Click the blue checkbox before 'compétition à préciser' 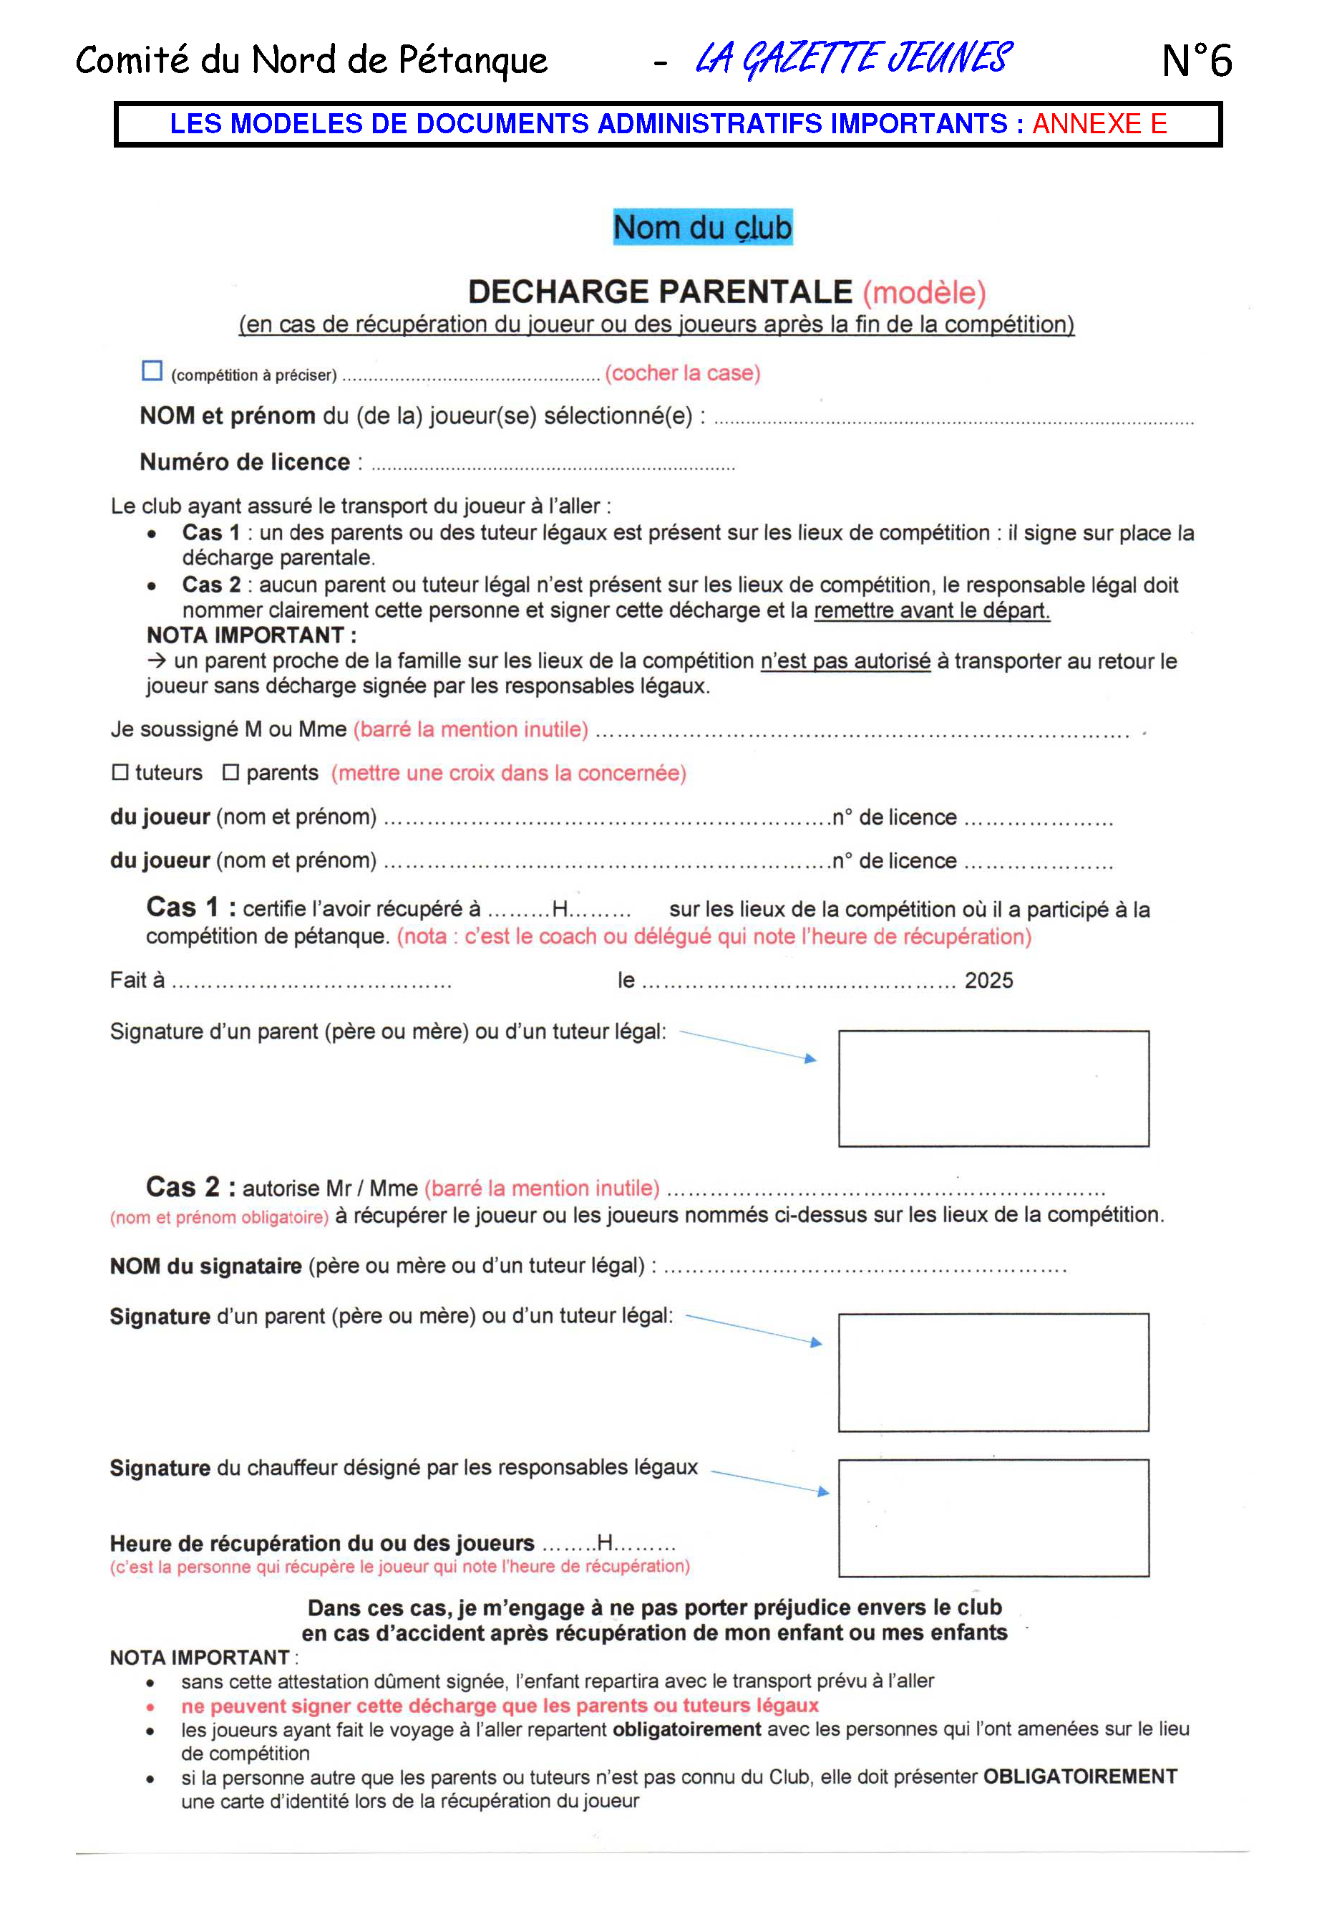(x=152, y=370)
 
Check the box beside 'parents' (x=230, y=772)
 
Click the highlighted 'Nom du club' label (x=702, y=227)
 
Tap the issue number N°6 (x=1196, y=60)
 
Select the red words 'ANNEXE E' (x=1099, y=124)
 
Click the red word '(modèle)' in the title (x=924, y=292)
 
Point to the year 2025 (x=988, y=980)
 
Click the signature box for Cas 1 (x=993, y=1088)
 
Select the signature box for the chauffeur (x=993, y=1518)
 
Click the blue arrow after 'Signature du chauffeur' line (x=770, y=1482)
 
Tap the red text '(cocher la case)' (x=683, y=373)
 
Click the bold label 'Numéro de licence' (x=245, y=462)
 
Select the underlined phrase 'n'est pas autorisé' (x=845, y=660)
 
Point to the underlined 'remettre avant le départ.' (x=932, y=610)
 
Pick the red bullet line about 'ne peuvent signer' (x=500, y=1706)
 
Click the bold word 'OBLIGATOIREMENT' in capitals (x=1080, y=1777)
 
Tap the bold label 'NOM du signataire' (x=205, y=1266)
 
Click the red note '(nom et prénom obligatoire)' (x=220, y=1217)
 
